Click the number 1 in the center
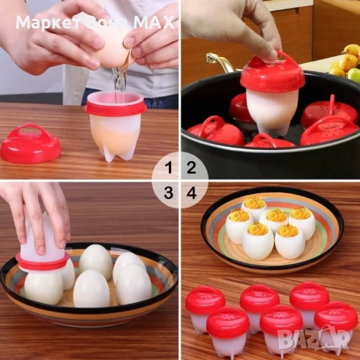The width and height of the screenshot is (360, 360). pyautogui.click(x=169, y=167)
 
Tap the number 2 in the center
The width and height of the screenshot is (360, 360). pyautogui.click(x=191, y=167)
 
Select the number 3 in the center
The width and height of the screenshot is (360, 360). pyautogui.click(x=169, y=193)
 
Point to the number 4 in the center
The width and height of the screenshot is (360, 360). pyautogui.click(x=191, y=193)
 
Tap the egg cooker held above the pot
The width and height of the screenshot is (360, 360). pyautogui.click(x=271, y=94)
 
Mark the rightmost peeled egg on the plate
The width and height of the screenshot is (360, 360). pyautogui.click(x=134, y=283)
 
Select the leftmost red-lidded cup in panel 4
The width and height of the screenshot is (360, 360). pyautogui.click(x=205, y=307)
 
